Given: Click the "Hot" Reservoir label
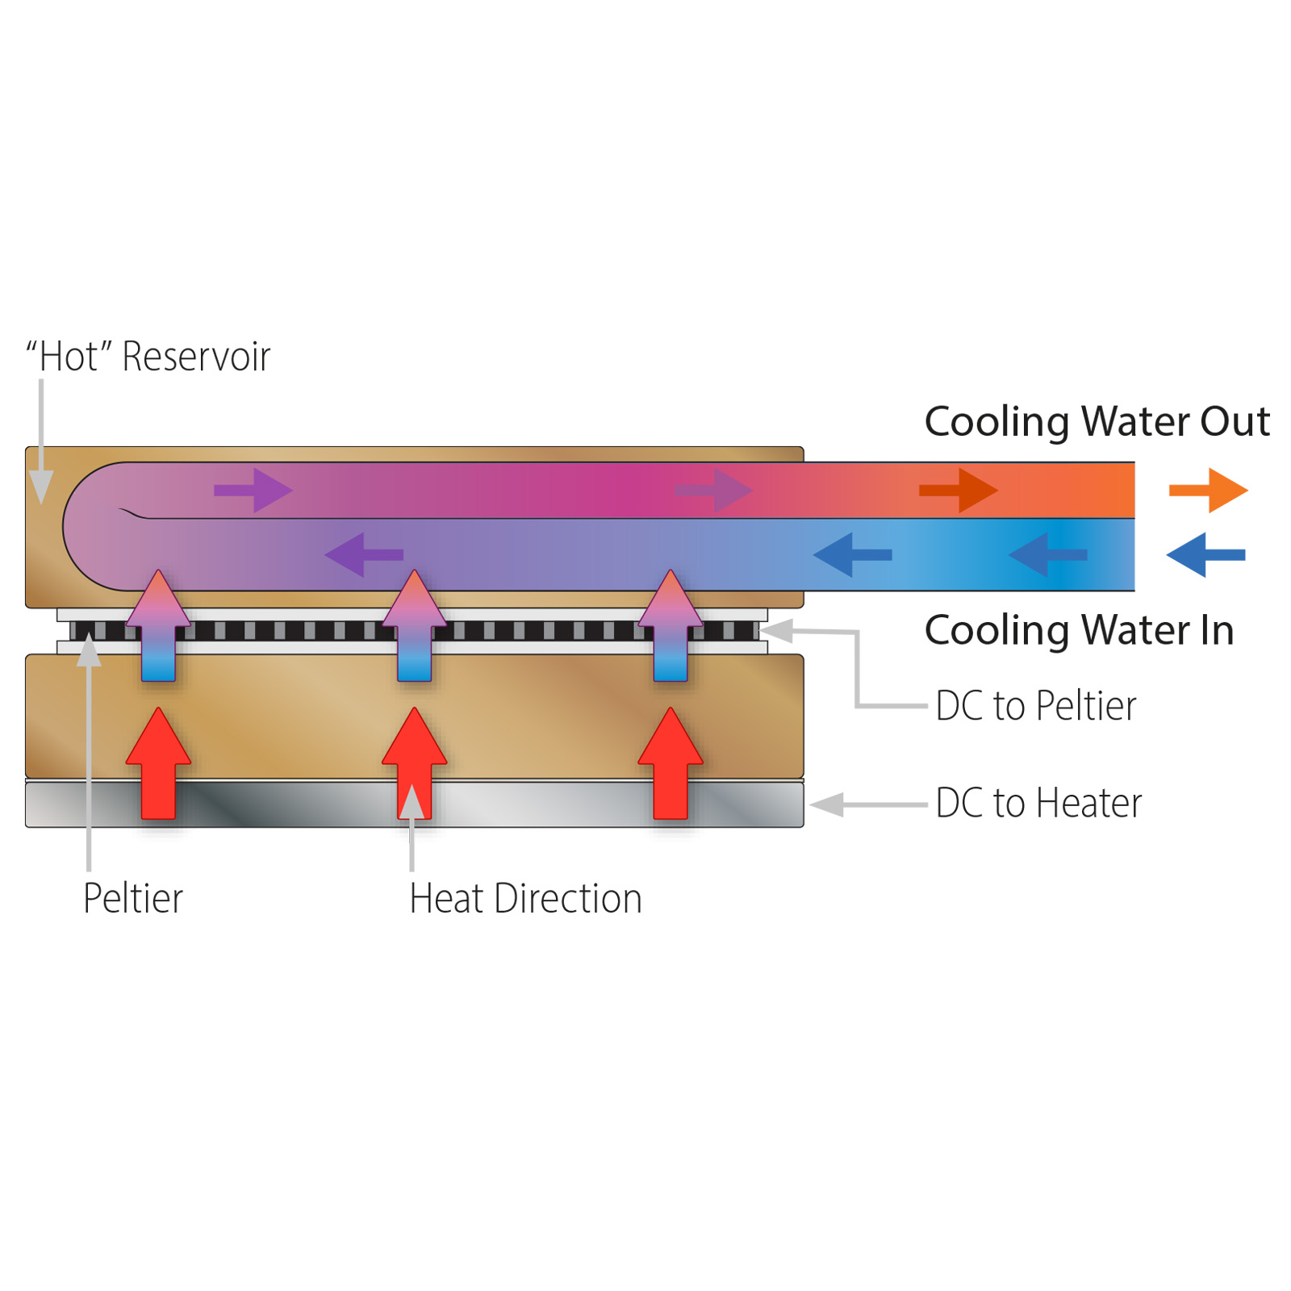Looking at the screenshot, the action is tap(148, 357).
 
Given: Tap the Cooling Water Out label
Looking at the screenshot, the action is tap(1097, 421).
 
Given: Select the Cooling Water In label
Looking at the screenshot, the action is tap(1080, 630).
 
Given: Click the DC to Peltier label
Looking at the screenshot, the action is tap(1036, 706).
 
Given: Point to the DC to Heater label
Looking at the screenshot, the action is tap(1039, 804).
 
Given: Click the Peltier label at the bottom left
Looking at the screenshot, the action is tap(133, 899).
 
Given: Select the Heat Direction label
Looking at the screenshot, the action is tap(525, 899).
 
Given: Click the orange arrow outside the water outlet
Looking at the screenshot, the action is tap(1208, 490).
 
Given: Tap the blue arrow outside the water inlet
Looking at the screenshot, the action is tap(1206, 554).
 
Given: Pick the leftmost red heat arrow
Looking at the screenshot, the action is tap(159, 763).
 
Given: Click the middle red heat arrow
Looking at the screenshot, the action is tap(415, 763).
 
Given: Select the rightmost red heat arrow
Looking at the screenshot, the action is tap(671, 763).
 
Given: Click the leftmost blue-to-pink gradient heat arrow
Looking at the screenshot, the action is tap(159, 625).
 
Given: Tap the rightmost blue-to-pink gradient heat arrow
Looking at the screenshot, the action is tap(671, 625).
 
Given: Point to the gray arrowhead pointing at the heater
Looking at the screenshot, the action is tap(826, 804).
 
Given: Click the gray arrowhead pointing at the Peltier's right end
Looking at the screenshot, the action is tap(776, 631).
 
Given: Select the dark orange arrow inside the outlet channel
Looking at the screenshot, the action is tap(959, 490).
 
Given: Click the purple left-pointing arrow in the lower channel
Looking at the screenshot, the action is tap(364, 554).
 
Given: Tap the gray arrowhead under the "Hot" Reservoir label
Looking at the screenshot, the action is tap(41, 487).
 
